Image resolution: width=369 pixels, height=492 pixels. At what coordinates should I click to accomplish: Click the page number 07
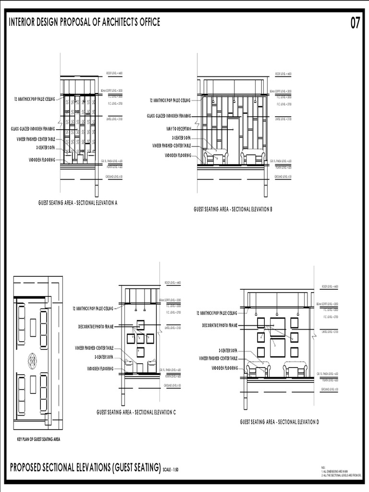coord(355,23)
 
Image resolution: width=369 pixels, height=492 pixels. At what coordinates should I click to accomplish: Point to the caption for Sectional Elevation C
coord(136,412)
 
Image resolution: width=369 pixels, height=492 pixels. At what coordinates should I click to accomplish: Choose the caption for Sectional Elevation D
coord(280,421)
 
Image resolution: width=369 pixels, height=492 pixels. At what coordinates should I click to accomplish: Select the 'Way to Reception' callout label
coord(179,129)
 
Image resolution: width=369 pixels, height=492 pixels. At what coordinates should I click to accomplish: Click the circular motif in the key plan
coord(33,358)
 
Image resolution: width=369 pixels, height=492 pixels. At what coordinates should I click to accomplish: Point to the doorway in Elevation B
coord(233,141)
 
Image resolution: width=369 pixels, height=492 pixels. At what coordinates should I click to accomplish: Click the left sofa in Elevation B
coord(216,157)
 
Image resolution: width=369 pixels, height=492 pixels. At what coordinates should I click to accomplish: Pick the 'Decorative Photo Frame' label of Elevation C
coord(96,327)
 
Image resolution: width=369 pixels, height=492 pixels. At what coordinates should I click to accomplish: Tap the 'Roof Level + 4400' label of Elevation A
coord(114,74)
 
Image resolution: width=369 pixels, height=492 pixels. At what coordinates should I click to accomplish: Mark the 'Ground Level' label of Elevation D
coord(330,388)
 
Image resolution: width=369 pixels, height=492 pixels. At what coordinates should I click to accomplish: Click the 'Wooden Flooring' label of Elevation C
coord(100,369)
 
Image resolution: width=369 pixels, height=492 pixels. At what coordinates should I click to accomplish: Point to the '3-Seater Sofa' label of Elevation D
coord(228,351)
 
